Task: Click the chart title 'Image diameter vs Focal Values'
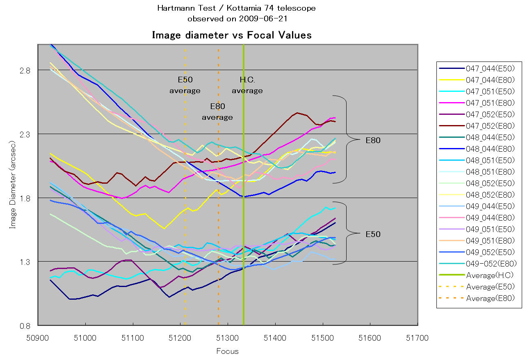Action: (232, 35)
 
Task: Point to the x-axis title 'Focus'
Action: (228, 351)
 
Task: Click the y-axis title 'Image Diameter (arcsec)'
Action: (13, 185)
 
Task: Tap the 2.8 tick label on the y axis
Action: (26, 70)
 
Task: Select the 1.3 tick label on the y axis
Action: (26, 262)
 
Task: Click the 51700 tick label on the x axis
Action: (418, 338)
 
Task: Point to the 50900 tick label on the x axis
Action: (38, 338)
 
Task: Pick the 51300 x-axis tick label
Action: (228, 338)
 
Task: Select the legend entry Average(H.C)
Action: (490, 275)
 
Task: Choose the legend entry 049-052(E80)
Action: (491, 264)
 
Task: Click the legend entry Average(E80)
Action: (490, 298)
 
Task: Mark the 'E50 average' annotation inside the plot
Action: (185, 85)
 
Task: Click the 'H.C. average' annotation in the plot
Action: (247, 85)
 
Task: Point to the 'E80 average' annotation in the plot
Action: (217, 112)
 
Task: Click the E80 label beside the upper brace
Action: (373, 141)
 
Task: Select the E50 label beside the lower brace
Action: (373, 235)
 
